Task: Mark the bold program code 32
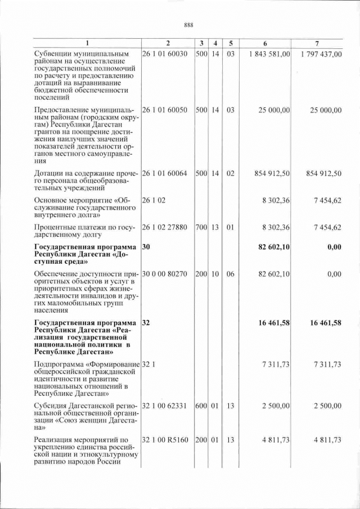pyautogui.click(x=146, y=323)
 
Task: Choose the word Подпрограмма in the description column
pyautogui.click(x=59, y=365)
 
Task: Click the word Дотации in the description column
pyautogui.click(x=48, y=174)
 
